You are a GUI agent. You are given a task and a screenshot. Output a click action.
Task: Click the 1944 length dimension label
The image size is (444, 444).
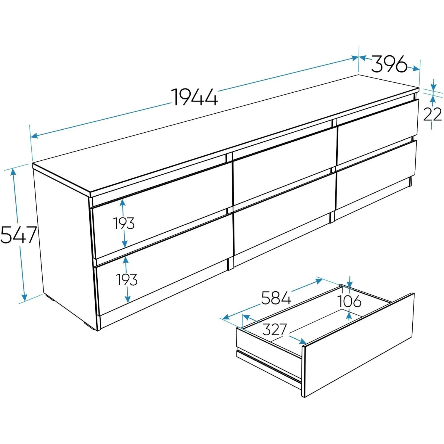click(195, 97)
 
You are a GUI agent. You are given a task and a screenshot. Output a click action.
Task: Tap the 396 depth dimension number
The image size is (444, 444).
click(389, 64)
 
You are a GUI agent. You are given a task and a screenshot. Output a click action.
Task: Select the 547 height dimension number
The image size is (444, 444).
click(18, 235)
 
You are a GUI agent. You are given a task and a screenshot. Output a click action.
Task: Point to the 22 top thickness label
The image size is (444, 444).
click(432, 114)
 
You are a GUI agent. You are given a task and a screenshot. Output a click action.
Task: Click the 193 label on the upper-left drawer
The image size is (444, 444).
click(124, 223)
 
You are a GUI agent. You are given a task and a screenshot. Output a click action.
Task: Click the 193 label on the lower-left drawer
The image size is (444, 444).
click(127, 280)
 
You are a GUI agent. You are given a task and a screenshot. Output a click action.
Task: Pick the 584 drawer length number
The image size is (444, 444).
click(276, 298)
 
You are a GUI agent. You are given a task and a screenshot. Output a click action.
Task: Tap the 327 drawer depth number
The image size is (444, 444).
click(275, 329)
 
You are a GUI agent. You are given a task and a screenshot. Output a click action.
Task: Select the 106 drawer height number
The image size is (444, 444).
click(350, 301)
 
